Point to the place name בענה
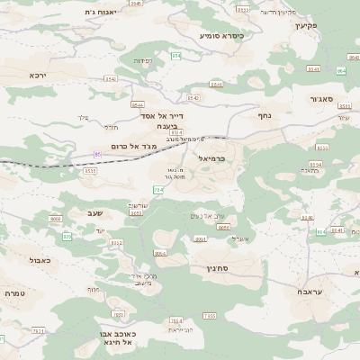pyautogui.click(x=164, y=127)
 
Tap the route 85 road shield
pyautogui.click(x=97, y=155)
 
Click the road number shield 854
pyautogui.click(x=175, y=56)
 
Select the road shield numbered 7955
pyautogui.click(x=209, y=316)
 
